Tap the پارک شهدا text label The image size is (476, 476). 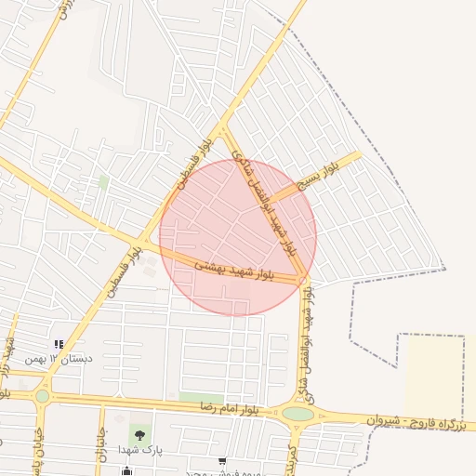click(x=140, y=450)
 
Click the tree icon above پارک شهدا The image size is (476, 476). click(x=139, y=433)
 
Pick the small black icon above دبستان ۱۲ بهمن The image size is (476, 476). click(x=59, y=345)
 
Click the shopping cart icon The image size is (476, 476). click(x=221, y=461)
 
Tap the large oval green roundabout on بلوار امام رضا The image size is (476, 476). click(x=297, y=414)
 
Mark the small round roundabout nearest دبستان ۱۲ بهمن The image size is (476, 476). click(x=43, y=396)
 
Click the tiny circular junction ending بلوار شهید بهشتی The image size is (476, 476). click(x=304, y=278)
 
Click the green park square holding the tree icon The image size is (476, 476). click(x=139, y=436)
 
